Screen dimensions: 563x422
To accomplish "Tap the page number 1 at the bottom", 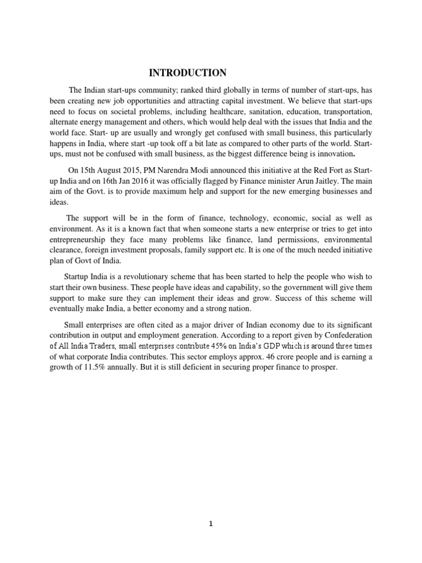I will point(210,523).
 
